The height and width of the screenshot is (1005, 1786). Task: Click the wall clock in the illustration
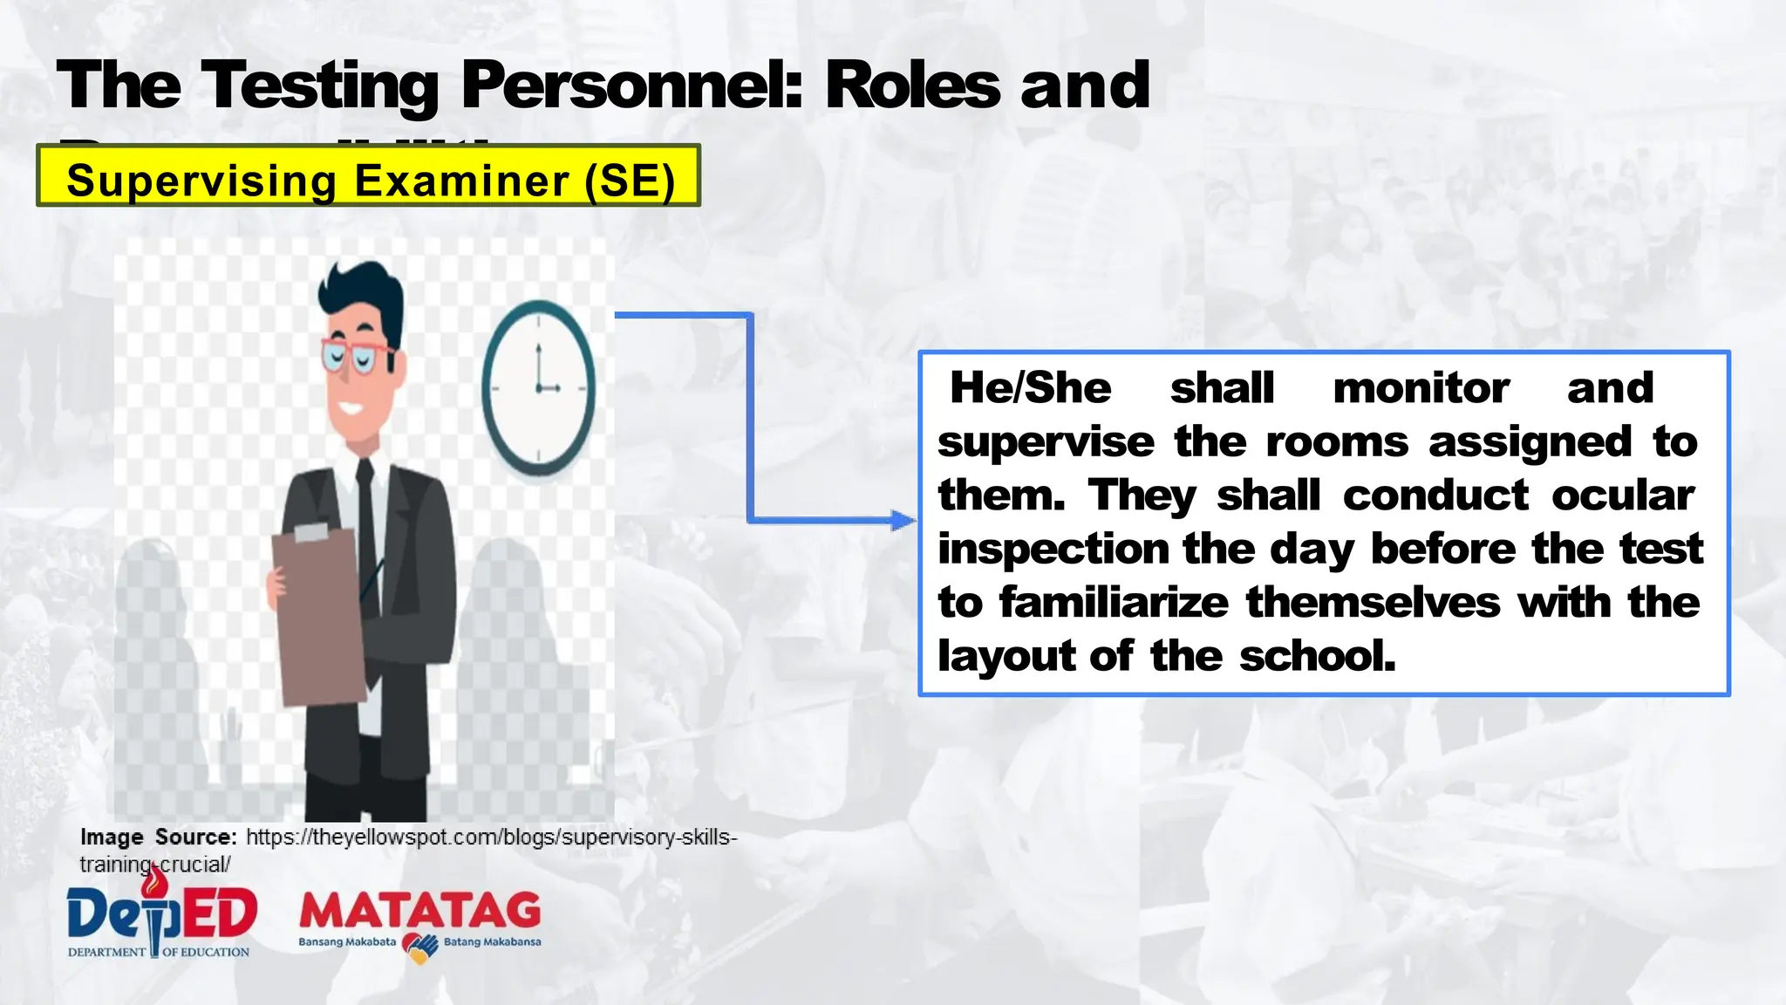click(539, 388)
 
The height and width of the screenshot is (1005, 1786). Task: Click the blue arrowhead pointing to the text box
click(903, 522)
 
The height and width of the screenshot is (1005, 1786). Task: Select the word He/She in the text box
click(1030, 388)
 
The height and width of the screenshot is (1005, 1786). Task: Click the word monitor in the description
click(1421, 388)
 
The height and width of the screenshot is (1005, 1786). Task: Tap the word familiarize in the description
click(1114, 603)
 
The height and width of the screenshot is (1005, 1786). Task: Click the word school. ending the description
click(1317, 656)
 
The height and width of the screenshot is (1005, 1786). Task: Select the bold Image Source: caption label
click(158, 837)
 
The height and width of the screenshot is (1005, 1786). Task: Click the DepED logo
click(161, 916)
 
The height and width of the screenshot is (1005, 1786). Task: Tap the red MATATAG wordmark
click(420, 912)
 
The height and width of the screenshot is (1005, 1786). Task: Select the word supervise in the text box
click(1046, 442)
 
